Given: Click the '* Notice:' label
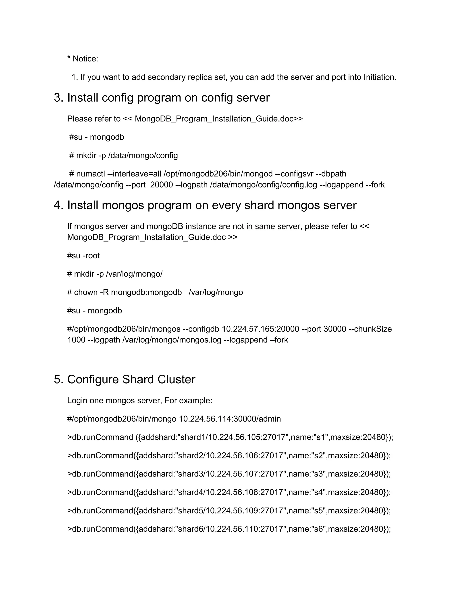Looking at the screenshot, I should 83,59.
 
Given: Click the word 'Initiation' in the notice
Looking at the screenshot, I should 379,77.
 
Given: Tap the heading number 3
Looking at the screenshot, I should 58,98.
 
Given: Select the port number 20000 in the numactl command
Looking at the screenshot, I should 162,185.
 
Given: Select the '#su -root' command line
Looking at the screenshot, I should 83,256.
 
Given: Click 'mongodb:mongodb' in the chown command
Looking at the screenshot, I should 146,292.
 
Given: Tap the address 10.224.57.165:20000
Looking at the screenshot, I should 260,329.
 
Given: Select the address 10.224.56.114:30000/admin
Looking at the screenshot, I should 230,419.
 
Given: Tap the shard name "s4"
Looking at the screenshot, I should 318,492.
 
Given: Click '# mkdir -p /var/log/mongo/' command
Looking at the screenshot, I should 115,274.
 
